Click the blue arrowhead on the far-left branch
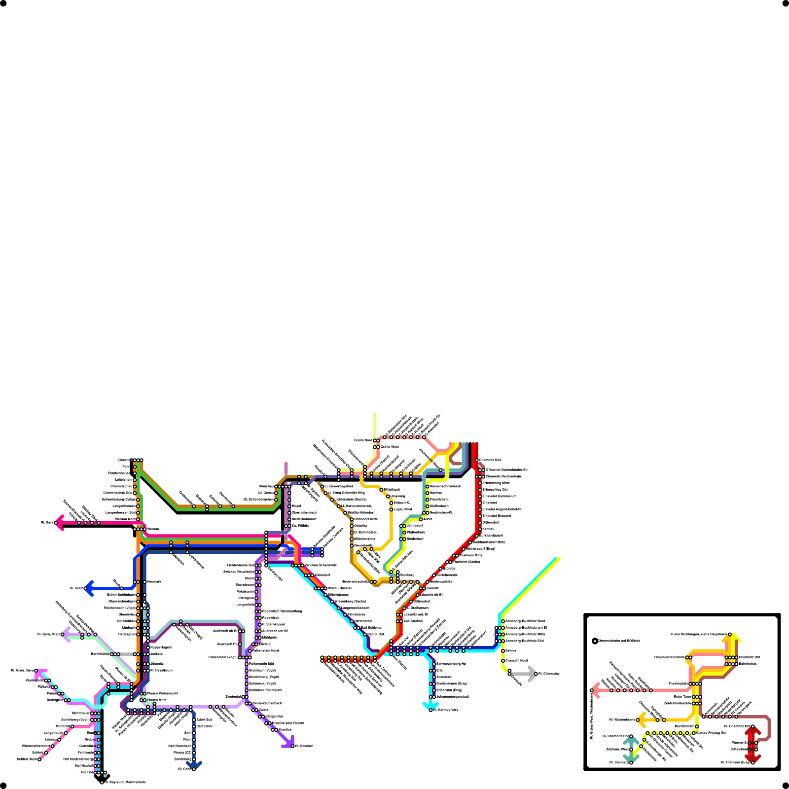coord(89,588)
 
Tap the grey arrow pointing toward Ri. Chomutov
coord(532,674)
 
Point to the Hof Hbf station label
coord(87,772)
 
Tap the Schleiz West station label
coord(27,759)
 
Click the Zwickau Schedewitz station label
coord(321,565)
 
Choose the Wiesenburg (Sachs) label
coord(350,601)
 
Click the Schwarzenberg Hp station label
coord(451,664)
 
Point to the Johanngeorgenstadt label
coord(453,697)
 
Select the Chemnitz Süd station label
coord(490,460)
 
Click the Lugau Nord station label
coord(403,509)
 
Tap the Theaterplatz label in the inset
coord(678,683)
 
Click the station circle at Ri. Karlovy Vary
coord(430,710)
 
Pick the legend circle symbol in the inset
coord(595,641)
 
